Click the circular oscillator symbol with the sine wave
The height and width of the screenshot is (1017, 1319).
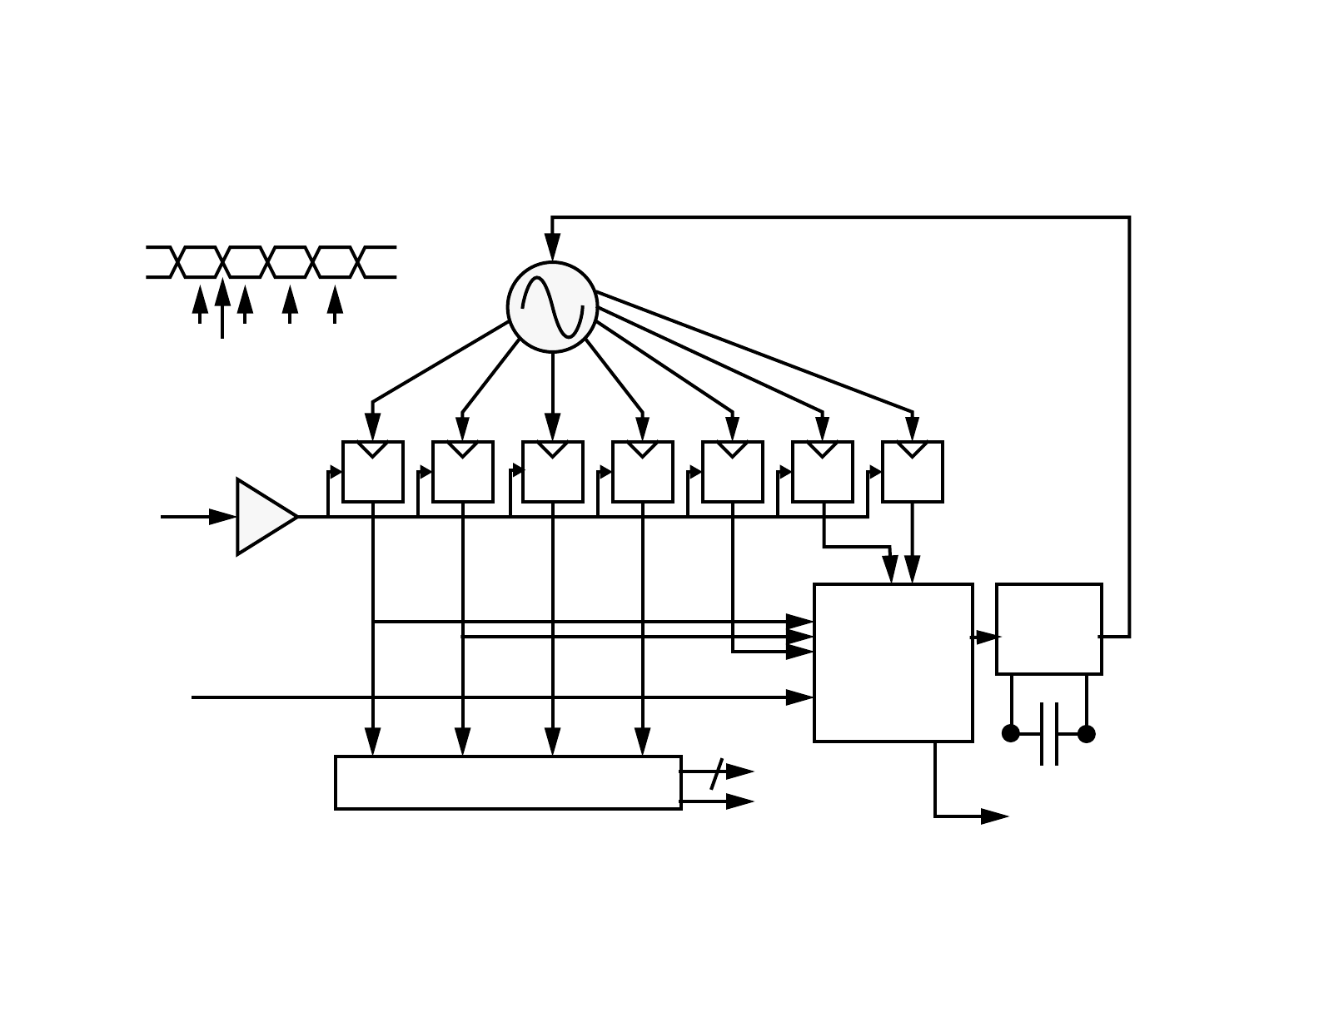[552, 307]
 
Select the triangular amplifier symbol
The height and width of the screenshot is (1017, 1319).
[263, 517]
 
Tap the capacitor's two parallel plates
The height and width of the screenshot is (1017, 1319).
[1049, 733]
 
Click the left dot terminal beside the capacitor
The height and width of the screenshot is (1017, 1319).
[1011, 733]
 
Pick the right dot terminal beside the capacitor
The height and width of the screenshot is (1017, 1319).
[1087, 733]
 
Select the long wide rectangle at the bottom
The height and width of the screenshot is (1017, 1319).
[508, 782]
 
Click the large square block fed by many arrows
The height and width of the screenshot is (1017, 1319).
[893, 662]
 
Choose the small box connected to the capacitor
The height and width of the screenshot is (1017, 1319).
[1048, 629]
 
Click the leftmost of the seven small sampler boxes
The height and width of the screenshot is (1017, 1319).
[373, 472]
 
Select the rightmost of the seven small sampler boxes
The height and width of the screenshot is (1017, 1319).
[913, 472]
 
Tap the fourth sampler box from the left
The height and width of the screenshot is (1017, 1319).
[643, 472]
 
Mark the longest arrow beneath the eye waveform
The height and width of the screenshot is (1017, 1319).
[222, 308]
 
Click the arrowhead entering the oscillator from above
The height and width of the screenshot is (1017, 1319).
[552, 247]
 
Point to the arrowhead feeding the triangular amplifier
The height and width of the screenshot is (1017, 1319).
[222, 517]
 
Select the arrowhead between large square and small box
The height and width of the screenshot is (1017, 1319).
[987, 637]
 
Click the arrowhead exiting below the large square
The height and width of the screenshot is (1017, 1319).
[994, 816]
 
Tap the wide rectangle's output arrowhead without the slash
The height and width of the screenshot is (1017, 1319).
[739, 801]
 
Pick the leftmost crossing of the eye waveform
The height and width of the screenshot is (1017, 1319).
[177, 262]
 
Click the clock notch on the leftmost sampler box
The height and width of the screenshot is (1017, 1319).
[373, 449]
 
